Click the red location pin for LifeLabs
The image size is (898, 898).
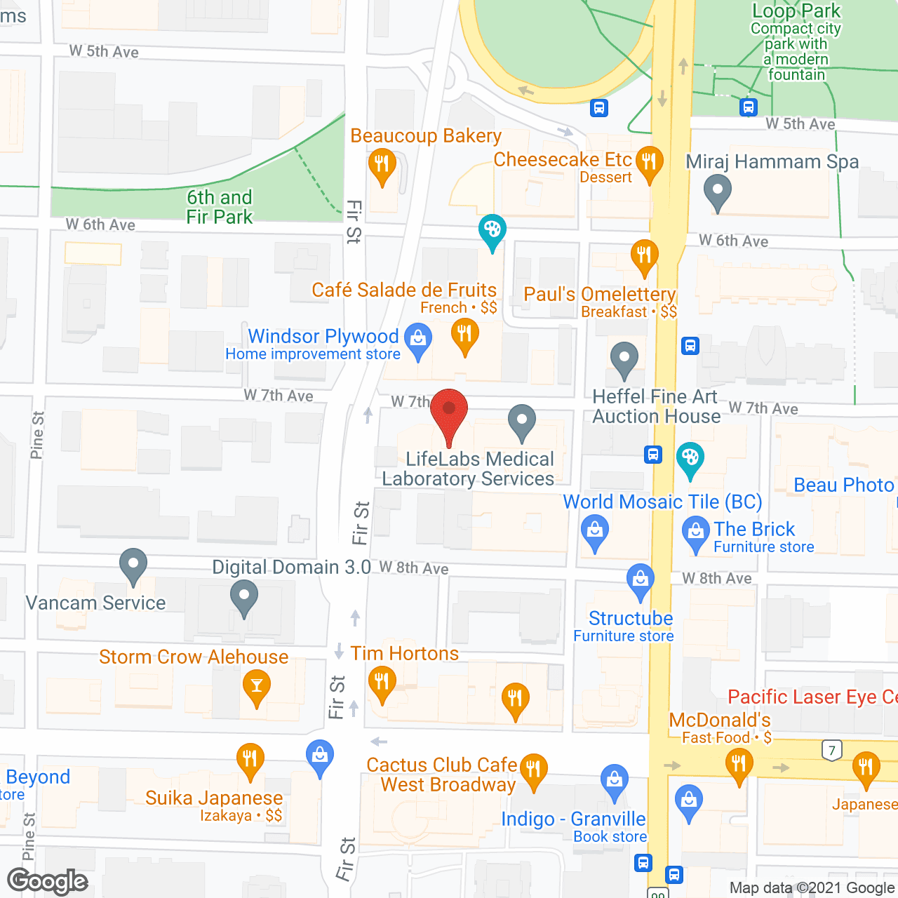[448, 410]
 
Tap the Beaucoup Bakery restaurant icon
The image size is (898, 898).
[382, 165]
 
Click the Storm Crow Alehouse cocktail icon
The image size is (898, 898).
[256, 685]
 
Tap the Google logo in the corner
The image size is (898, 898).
[48, 881]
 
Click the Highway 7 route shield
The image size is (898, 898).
[832, 750]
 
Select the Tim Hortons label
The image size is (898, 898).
[405, 654]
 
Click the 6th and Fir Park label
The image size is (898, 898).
[219, 207]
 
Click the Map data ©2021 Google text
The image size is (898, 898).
[812, 888]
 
